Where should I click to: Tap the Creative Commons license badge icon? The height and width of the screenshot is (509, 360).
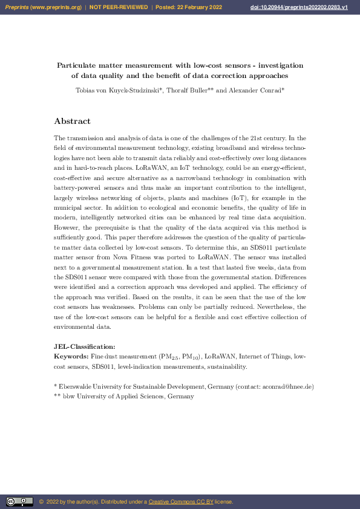(19, 501)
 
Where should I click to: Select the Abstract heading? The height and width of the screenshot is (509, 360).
(72, 121)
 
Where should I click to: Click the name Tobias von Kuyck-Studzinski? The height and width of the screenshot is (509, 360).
(115, 90)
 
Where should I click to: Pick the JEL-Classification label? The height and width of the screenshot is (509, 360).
(84, 346)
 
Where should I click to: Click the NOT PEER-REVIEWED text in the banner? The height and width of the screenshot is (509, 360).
(118, 7)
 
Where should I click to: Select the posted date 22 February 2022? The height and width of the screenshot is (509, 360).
(197, 7)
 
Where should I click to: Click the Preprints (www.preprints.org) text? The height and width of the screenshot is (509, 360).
(44, 7)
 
